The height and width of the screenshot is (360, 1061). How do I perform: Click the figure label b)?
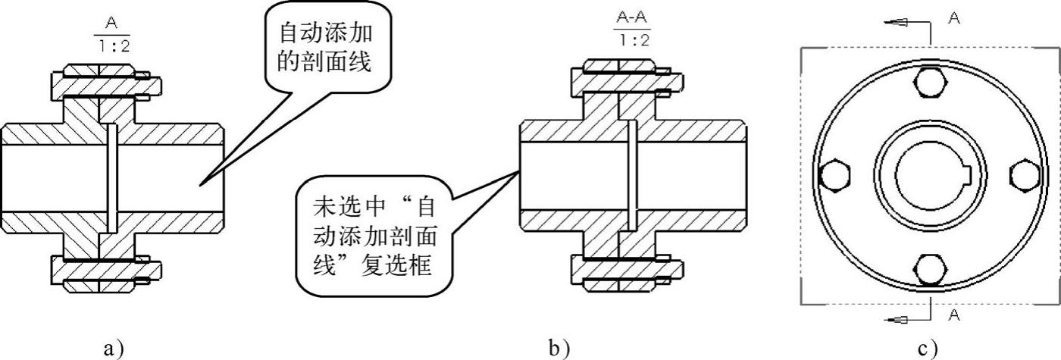click(559, 348)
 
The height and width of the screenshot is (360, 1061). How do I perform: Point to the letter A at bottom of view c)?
click(954, 315)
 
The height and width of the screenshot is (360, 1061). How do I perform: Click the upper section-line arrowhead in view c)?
click(898, 23)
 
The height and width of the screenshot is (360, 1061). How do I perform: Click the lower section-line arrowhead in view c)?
click(898, 321)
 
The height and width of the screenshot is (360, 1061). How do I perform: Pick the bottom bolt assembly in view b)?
click(628, 268)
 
